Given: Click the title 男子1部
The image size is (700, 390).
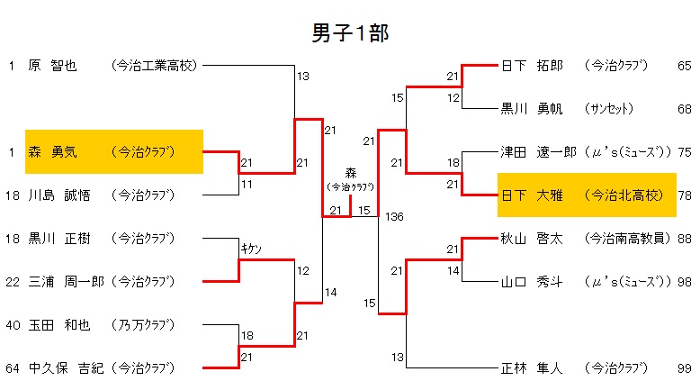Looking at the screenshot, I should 350,33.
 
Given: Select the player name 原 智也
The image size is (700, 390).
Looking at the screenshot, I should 53,65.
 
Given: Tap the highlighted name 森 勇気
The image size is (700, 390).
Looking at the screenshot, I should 53,151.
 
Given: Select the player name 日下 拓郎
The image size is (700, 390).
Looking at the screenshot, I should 532,66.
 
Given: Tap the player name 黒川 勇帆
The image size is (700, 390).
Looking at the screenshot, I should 532,109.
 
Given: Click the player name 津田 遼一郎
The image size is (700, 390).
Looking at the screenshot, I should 538,152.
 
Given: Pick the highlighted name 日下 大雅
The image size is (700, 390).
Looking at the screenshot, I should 532,195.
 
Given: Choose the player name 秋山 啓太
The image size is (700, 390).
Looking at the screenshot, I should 532,239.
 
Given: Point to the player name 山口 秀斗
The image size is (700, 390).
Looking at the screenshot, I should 532,281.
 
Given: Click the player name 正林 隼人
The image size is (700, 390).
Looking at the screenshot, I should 532,367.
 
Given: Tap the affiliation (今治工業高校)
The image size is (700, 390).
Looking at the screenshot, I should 153,65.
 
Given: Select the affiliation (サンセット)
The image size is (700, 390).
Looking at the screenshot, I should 614,109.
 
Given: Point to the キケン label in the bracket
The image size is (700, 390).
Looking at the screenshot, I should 249,249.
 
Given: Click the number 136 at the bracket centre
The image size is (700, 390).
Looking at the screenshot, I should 393,217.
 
